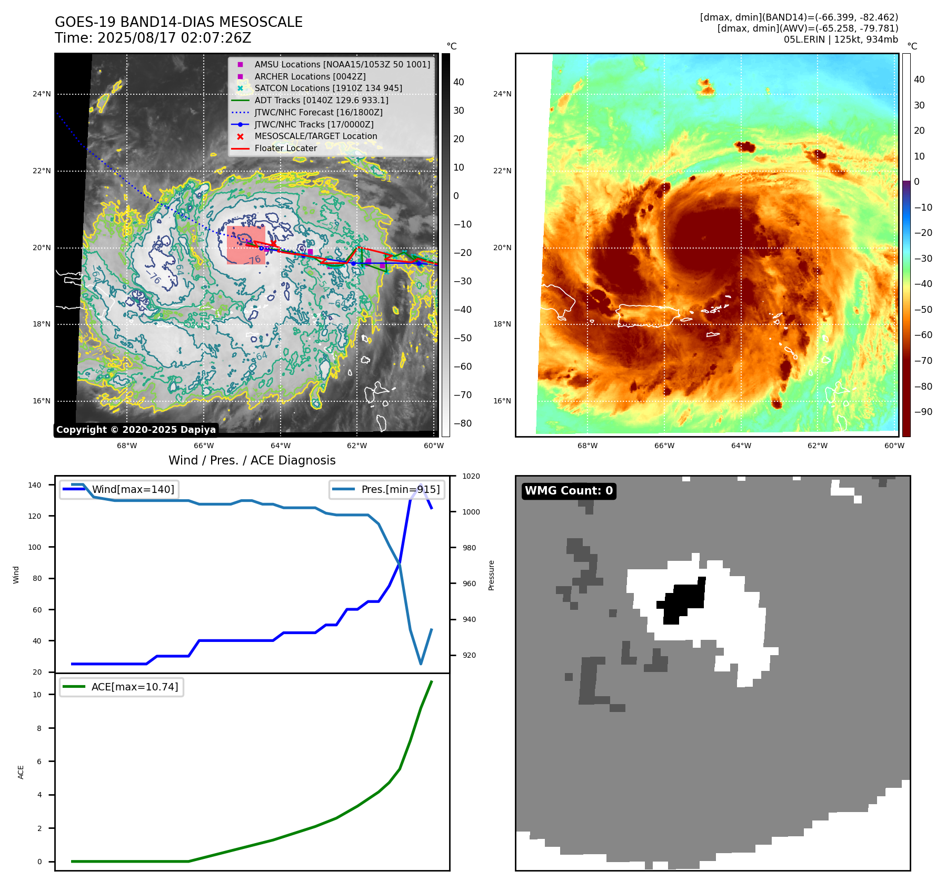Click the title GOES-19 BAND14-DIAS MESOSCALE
pos(178,22)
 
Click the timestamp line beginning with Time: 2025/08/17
pos(153,38)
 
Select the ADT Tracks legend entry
pos(321,100)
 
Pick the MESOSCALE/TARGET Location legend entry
pos(316,136)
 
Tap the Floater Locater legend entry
pos(285,148)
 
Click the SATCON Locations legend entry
pos(328,88)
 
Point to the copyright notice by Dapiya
pos(136,430)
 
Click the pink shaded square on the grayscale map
pos(246,245)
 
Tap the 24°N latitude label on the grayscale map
pos(42,94)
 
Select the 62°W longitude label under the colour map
pos(817,446)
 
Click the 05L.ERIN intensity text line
pos(841,39)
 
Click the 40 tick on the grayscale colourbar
pos(459,82)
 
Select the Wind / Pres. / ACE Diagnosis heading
pos(252,460)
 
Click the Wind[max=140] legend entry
pos(133,489)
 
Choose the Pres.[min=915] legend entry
pos(400,489)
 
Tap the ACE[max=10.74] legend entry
pos(134,687)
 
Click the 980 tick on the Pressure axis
pos(469,548)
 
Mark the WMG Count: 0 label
pos(569,491)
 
